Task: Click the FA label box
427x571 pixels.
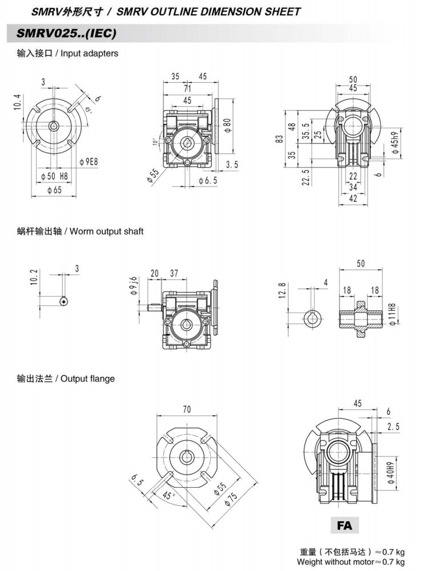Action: pos(345,525)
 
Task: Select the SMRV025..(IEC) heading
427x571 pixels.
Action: pos(67,34)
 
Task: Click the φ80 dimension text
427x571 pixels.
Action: pos(227,124)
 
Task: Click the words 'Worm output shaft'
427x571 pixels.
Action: pos(107,232)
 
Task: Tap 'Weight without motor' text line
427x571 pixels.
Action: pos(351,562)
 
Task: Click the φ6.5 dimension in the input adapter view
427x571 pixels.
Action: pos(208,180)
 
